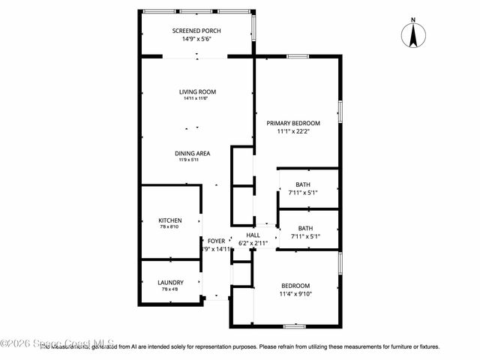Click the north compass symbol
[412, 34]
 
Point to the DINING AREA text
[193, 153]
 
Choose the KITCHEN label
[169, 220]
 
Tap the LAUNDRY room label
[170, 283]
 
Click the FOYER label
[217, 241]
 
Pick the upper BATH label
[303, 184]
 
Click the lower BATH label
[305, 229]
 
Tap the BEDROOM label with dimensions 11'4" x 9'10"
[295, 286]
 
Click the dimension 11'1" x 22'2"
[294, 131]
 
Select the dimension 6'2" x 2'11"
[253, 243]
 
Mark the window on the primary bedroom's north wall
[298, 55]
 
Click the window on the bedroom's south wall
[294, 325]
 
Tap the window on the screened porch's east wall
[253, 28]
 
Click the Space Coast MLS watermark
[56, 343]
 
